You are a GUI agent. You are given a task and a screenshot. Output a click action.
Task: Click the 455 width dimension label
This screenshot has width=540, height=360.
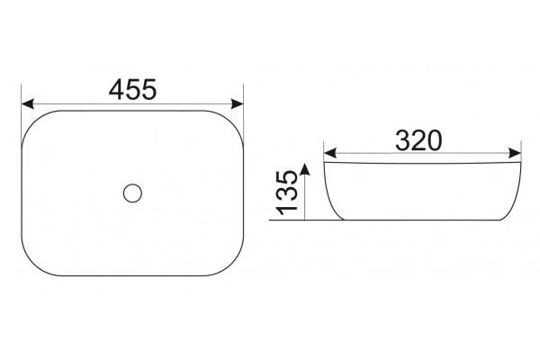tap(132, 90)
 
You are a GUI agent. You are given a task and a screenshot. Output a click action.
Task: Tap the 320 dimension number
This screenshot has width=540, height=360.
tap(418, 140)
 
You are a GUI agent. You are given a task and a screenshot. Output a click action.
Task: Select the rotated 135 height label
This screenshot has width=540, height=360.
tap(286, 193)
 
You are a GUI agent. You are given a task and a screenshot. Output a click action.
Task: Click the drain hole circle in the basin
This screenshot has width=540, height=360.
tap(132, 193)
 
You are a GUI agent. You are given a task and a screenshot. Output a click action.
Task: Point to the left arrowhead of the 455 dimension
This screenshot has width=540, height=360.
tap(28, 103)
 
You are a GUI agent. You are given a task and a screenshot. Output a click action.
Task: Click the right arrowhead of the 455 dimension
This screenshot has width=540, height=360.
tap(238, 103)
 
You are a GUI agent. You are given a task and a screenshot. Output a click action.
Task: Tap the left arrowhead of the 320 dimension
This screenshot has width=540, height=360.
tap(330, 153)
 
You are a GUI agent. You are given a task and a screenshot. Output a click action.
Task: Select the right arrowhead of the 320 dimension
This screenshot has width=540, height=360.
tap(515, 153)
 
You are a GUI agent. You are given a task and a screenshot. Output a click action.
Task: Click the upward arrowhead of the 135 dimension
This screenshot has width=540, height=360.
tap(305, 169)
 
